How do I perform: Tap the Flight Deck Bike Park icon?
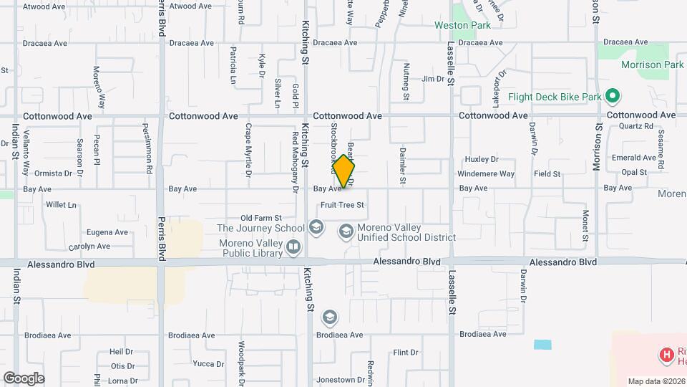point(612,96)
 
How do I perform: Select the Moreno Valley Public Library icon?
point(293,247)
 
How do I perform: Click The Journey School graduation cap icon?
point(316,228)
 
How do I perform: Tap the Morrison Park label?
point(643,64)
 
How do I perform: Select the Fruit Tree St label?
point(343,205)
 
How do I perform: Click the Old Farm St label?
point(261,218)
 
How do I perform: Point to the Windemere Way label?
point(486,174)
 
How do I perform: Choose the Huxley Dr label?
point(481,159)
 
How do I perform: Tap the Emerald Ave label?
point(633,158)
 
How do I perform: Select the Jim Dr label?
point(433,79)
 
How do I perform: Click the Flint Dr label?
point(405,353)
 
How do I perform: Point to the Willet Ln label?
point(61,205)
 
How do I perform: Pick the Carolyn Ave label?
point(89,247)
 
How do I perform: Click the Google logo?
point(24,378)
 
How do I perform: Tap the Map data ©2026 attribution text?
point(656,381)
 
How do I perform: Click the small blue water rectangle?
point(542,344)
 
